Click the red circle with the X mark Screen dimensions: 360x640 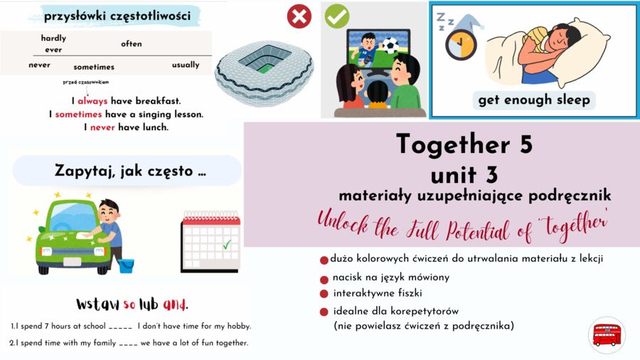click(x=299, y=16)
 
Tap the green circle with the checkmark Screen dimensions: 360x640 click(x=337, y=16)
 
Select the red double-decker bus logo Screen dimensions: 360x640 click(x=607, y=334)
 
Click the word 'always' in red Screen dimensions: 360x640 click(x=92, y=101)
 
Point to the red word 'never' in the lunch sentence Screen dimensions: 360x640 click(x=102, y=127)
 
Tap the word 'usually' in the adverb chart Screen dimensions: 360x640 click(x=186, y=65)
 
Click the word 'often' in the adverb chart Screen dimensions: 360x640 click(x=132, y=44)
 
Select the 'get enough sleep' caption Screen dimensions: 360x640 click(x=534, y=100)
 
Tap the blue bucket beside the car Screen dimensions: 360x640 click(x=126, y=266)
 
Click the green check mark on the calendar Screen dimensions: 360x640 click(x=227, y=245)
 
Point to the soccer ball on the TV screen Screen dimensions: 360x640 click(x=390, y=45)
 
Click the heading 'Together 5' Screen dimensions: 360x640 click(x=464, y=144)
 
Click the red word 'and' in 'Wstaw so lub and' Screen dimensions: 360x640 click(x=174, y=305)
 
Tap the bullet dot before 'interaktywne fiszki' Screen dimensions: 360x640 click(x=324, y=294)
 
